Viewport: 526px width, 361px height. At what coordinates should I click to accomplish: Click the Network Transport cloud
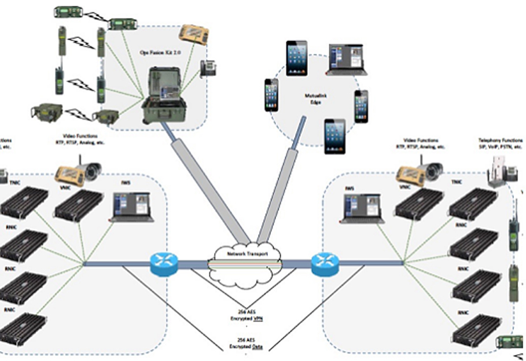click(x=247, y=255)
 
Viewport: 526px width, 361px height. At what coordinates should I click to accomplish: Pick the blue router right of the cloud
click(x=324, y=264)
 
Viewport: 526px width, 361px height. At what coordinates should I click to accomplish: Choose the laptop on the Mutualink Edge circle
click(x=347, y=59)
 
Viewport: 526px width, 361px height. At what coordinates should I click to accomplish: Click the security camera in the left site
click(x=90, y=170)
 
